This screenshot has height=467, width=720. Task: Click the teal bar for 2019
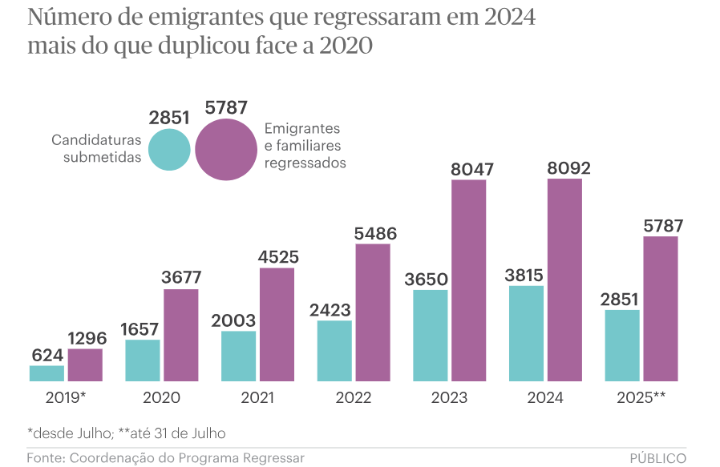47,373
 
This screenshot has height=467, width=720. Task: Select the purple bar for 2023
468,280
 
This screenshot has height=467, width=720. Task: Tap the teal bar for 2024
526,333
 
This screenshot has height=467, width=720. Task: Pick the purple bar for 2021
277,324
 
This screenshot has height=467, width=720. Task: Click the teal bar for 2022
334,351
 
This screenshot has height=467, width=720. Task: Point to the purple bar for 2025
661,308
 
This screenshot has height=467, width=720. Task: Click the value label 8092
565,168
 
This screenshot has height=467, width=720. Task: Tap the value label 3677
180,278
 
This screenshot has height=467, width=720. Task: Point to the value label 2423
334,310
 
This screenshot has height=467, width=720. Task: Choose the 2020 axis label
161,397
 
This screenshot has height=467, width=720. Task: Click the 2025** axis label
641,397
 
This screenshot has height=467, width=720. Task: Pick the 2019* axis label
66,397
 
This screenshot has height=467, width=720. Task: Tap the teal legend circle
169,149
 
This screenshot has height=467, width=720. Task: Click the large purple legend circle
226,149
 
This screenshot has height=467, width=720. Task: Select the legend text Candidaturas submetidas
96,148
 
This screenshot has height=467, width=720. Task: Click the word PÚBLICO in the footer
657,458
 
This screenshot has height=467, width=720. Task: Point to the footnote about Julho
127,433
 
